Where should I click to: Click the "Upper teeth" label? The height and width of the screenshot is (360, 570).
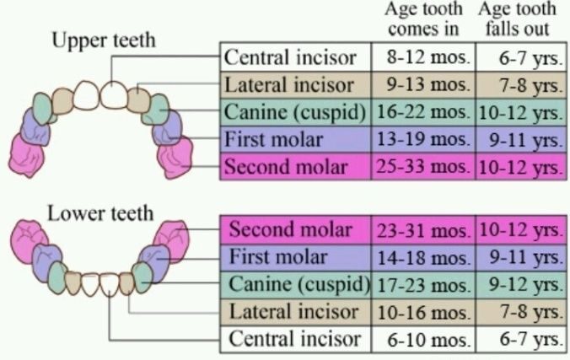(104, 40)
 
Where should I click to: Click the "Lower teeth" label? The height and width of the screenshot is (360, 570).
(100, 213)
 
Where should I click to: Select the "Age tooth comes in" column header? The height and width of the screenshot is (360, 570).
(423, 19)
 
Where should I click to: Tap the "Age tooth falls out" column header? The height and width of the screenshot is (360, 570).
(517, 19)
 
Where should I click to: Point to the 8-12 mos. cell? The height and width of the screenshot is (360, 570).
(423, 57)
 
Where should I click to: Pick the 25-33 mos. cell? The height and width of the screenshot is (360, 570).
(423, 167)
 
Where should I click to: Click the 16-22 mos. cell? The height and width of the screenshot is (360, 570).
(423, 112)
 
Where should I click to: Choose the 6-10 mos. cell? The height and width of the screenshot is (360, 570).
(423, 339)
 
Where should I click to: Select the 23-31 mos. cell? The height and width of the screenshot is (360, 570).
(423, 230)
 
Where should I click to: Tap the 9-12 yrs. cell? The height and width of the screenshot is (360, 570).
(521, 285)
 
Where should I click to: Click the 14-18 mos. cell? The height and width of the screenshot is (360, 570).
(423, 257)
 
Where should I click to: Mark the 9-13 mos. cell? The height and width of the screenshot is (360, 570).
(423, 84)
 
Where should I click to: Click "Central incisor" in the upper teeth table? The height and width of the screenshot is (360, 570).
(290, 57)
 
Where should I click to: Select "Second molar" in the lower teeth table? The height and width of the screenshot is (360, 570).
(290, 230)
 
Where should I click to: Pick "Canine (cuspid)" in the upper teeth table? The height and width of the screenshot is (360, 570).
(295, 112)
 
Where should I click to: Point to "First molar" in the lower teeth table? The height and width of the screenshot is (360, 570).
(278, 257)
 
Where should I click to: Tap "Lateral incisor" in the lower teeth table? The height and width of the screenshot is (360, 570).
(293, 312)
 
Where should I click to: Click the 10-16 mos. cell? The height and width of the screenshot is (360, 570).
(423, 312)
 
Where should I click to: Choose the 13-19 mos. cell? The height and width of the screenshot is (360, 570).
(423, 139)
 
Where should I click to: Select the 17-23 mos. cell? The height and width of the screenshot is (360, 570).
(423, 285)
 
